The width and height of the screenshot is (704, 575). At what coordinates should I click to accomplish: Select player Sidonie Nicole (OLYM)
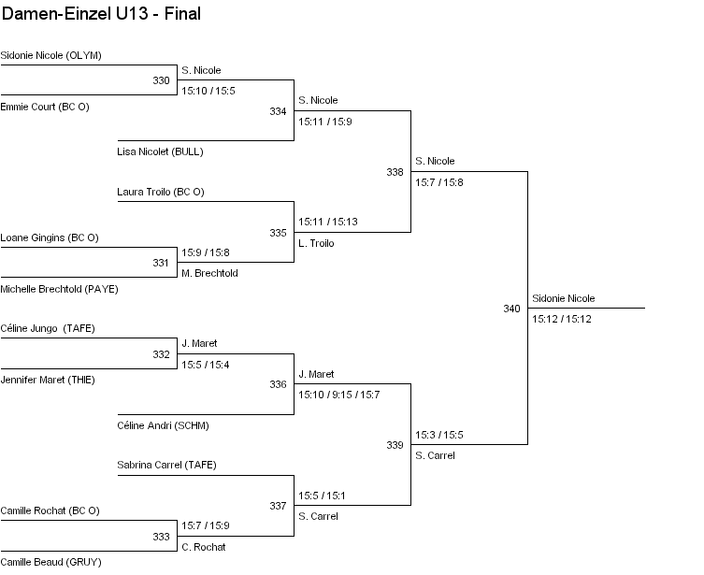point(50,55)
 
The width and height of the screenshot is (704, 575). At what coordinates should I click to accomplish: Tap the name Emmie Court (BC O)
point(45,107)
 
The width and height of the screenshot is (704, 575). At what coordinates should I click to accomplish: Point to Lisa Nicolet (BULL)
point(160,151)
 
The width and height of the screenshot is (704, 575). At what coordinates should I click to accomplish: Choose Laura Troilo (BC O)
point(161,192)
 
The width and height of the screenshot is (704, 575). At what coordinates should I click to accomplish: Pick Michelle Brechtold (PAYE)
point(59,289)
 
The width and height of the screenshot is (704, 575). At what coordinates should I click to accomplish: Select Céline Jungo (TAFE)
point(48,328)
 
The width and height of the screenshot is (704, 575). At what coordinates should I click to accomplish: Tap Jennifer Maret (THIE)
point(48,380)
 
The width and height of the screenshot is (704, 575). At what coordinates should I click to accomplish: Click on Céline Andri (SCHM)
point(163,425)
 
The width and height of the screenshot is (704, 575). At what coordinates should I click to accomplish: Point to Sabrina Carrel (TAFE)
point(166,465)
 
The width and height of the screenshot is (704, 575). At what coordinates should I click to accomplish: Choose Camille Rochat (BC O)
point(50,510)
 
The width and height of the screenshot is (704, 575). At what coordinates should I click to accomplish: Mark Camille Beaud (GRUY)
point(50,562)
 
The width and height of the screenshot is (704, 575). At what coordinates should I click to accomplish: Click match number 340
point(511,308)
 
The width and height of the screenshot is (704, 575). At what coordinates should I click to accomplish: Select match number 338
point(395,172)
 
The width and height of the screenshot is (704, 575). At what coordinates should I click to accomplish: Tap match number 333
point(162,537)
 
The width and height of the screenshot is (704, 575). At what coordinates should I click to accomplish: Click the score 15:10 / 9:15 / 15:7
point(339,395)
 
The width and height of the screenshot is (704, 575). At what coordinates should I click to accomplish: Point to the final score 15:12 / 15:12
point(562,319)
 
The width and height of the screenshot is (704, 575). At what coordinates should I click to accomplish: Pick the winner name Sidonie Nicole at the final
point(564,298)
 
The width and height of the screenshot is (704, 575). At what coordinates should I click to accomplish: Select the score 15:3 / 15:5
point(439,435)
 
